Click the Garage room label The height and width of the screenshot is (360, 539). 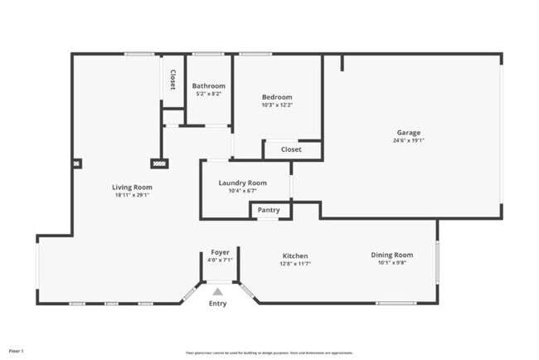408,133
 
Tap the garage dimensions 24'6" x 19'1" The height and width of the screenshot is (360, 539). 408,141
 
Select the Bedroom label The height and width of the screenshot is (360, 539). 277,97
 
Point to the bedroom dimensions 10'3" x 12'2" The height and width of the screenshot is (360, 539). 277,105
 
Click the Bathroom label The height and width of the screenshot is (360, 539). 209,85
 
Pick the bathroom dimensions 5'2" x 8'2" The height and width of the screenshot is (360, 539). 209,94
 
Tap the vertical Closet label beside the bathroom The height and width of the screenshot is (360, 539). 172,80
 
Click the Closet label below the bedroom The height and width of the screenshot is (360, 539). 291,150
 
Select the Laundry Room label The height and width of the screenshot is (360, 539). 242,182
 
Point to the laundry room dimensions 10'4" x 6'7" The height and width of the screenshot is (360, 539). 242,191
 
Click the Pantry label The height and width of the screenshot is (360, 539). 269,211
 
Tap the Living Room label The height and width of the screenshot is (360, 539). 132,187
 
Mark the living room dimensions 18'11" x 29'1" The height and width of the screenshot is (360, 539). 132,196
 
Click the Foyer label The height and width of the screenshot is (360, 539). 220,252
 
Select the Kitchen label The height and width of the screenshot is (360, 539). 295,255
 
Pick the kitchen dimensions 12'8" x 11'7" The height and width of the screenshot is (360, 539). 295,264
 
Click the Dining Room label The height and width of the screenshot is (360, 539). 391,255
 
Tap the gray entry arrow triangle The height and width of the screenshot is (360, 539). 217,292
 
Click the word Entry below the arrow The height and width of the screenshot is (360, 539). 217,304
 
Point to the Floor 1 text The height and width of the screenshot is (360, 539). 17,339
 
